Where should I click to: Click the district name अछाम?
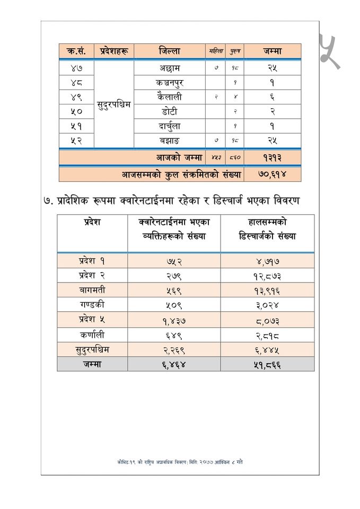tap(169, 68)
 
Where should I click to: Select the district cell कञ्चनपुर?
tap(169, 83)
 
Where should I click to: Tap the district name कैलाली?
tap(169, 97)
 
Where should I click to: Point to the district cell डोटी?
tap(169, 111)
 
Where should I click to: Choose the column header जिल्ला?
tap(169, 51)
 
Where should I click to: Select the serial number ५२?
tap(77, 141)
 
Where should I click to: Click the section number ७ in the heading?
tap(48, 202)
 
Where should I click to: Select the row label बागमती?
tap(92, 290)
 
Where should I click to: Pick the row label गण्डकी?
tap(92, 305)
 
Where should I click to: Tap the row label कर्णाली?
tap(92, 335)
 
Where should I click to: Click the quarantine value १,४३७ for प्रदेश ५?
tap(174, 320)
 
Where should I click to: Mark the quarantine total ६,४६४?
tap(174, 365)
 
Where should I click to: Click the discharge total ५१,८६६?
tap(267, 365)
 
